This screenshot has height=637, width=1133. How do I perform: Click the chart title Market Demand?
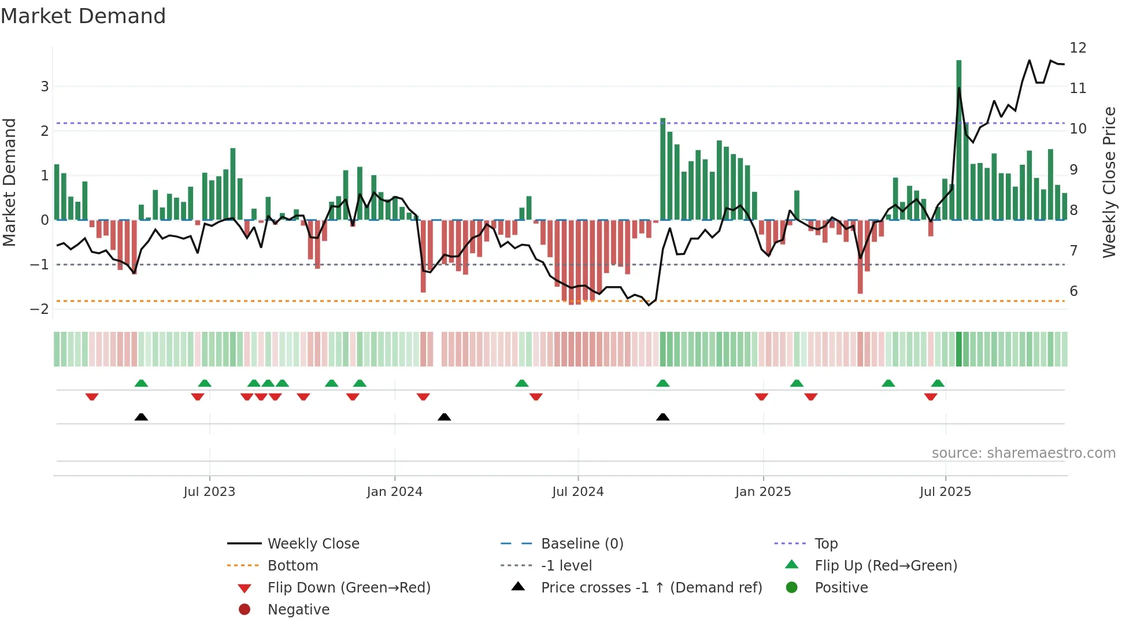click(83, 16)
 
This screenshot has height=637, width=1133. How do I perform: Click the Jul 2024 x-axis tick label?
click(577, 492)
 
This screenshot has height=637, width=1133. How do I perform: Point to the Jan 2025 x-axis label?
click(762, 492)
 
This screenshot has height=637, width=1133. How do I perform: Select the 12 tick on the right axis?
click(1078, 48)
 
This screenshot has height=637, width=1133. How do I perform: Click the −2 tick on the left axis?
click(39, 309)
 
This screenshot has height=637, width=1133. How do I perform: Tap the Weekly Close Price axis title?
click(1109, 182)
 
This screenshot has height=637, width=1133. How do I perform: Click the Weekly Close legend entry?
click(313, 544)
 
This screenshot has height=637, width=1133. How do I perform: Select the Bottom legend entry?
click(292, 566)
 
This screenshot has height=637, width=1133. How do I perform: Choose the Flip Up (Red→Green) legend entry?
click(886, 566)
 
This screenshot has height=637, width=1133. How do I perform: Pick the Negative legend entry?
click(298, 610)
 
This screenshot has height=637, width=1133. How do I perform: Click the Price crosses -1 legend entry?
click(651, 588)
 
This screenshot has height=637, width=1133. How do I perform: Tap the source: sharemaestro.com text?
click(1023, 453)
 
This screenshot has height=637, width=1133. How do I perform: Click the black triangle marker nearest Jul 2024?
click(662, 417)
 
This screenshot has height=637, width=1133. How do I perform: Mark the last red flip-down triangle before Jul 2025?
click(930, 397)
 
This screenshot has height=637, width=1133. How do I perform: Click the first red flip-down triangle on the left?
click(92, 397)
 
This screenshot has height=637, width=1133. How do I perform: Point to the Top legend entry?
click(825, 544)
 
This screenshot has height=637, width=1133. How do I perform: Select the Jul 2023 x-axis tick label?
click(209, 492)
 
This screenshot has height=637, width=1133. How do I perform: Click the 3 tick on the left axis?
click(45, 87)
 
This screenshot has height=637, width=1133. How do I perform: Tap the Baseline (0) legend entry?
click(582, 544)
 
